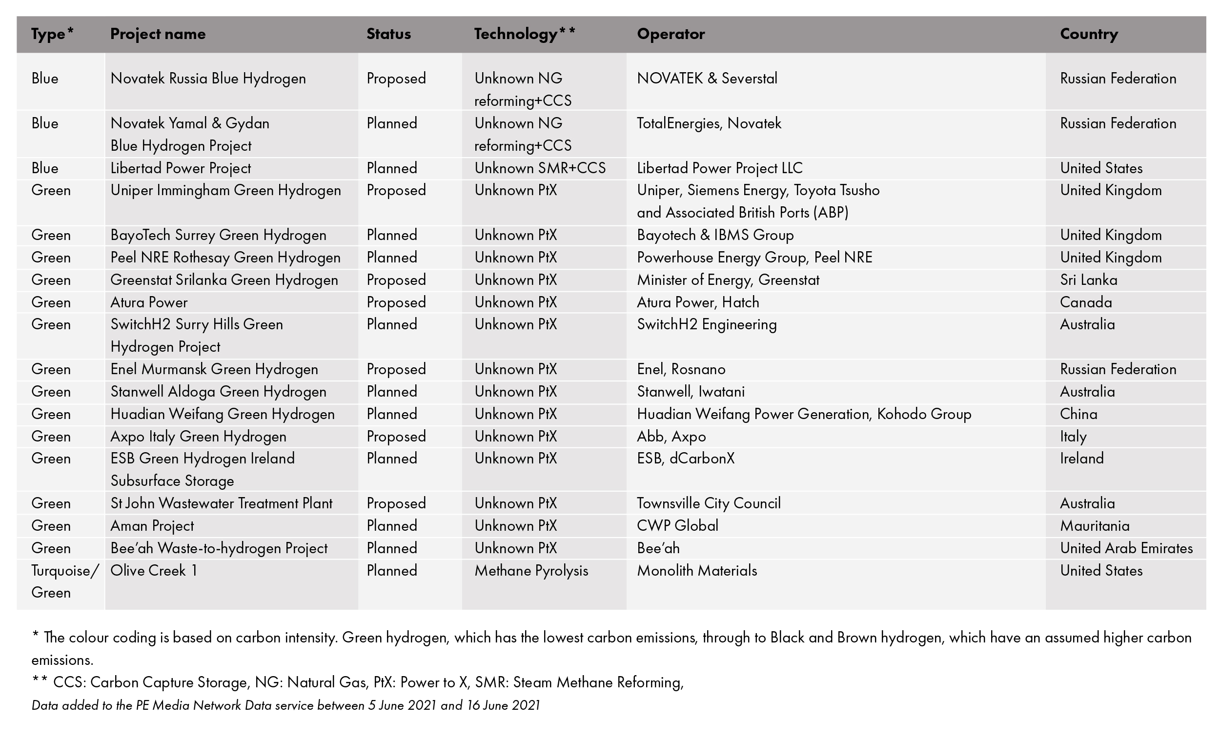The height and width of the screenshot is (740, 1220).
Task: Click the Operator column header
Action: point(671,34)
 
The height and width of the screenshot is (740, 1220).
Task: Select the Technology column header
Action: point(524,34)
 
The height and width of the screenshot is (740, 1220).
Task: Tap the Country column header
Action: point(1089,34)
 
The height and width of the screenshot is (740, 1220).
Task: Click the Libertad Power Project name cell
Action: point(180,168)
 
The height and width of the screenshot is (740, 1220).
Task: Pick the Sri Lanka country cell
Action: point(1088,280)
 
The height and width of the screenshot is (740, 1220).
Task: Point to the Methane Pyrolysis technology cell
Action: point(531,571)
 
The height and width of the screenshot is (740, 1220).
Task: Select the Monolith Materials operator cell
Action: point(697,571)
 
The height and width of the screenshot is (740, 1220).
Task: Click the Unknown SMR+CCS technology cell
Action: point(540,168)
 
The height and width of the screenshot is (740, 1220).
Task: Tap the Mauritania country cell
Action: point(1094,526)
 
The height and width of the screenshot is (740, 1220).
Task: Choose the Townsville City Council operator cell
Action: point(709,503)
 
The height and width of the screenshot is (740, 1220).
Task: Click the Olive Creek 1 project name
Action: point(154,571)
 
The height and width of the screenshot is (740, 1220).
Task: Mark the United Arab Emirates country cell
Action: point(1126,548)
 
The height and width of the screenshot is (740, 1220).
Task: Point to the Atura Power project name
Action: point(149,302)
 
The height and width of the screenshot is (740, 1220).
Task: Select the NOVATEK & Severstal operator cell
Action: point(707,79)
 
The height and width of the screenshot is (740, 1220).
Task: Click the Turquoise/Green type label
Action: point(65,581)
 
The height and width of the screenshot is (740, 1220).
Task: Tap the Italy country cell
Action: point(1073,437)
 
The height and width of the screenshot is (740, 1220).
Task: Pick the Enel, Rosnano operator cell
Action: point(681,369)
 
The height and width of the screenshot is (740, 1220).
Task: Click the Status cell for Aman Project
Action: point(392,526)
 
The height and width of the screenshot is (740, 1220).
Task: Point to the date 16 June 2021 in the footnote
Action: point(503,705)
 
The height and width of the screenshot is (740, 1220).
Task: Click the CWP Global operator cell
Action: point(677,526)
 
